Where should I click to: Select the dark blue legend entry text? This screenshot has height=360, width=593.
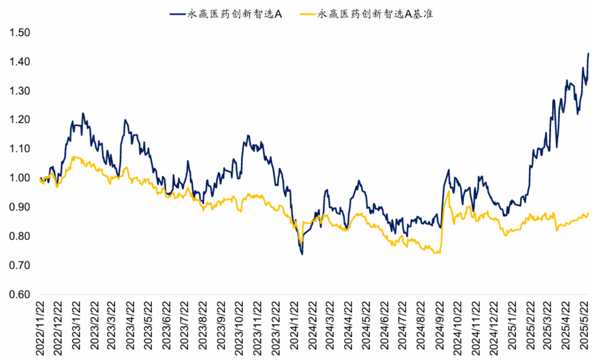tap(234, 14)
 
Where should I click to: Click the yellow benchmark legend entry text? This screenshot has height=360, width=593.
tap(375, 14)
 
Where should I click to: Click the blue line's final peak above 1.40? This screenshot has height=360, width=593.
tap(589, 53)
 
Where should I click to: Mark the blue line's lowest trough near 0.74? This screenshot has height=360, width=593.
tap(302, 254)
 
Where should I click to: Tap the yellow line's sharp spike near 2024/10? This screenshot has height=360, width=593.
tap(449, 191)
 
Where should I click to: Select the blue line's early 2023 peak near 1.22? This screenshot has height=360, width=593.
tap(83, 113)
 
